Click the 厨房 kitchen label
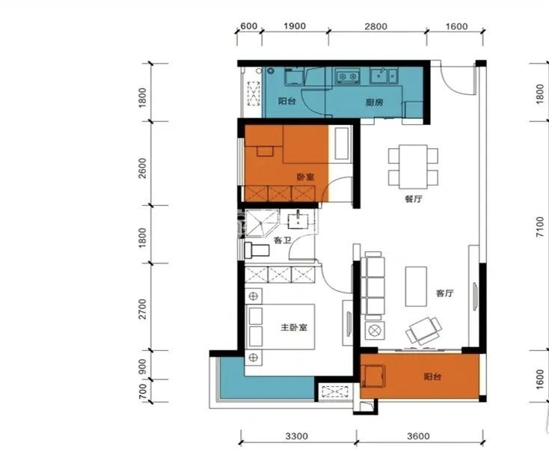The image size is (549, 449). (374, 103)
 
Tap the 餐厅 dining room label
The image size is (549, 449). (414, 199)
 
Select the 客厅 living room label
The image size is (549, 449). (445, 293)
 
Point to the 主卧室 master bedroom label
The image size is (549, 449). (294, 328)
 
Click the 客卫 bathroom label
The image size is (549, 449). (283, 241)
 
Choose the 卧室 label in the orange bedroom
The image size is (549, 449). (306, 177)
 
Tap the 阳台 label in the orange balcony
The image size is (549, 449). (433, 377)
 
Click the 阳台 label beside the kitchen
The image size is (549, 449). (286, 101)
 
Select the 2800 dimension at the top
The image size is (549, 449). (376, 27)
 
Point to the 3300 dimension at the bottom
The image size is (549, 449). (296, 436)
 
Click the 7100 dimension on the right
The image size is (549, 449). (540, 227)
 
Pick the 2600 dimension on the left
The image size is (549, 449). (142, 168)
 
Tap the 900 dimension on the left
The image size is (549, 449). (143, 367)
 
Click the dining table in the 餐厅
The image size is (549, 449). (413, 167)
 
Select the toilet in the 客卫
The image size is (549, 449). (257, 250)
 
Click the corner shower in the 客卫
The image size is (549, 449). (262, 223)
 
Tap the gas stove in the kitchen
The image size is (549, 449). (347, 76)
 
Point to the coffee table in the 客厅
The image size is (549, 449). (416, 287)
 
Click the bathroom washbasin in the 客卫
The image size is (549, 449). (298, 220)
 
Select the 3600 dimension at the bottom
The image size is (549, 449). (418, 436)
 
